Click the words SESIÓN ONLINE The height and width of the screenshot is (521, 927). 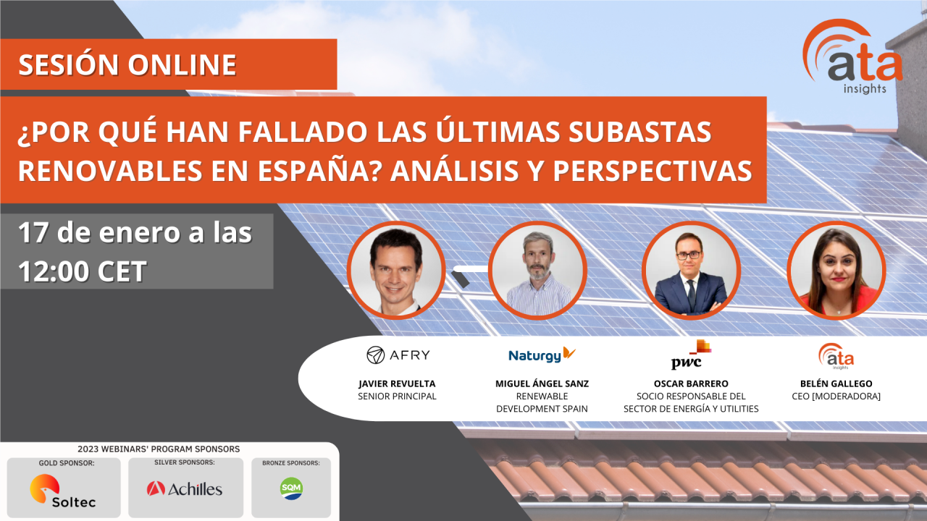coord(127,65)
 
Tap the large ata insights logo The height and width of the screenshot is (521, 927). coord(852,56)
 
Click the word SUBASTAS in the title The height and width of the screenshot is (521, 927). coord(639,132)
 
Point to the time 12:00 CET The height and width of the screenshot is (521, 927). coord(83,271)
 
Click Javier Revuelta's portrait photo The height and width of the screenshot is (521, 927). coord(396,271)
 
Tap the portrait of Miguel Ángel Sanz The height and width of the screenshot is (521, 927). coord(537,271)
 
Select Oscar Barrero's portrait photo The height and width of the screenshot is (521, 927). coord(691,271)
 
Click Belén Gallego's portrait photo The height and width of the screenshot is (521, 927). coord(836,271)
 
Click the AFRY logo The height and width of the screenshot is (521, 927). coord(398,355)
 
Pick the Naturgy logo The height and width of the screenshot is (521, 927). coord(542,355)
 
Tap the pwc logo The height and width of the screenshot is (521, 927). coord(691,355)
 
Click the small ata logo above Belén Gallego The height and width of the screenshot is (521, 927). coord(836,356)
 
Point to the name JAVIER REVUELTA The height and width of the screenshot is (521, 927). coord(397,384)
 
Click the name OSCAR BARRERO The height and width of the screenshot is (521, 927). coord(691,384)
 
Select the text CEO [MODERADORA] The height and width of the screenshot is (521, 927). coord(836,396)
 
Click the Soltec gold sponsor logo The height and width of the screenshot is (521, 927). coord(63,491)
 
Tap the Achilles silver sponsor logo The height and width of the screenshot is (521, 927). coord(185,488)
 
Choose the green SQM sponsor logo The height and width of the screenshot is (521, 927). coord(291,488)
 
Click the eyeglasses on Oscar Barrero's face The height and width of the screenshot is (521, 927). coord(689,255)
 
